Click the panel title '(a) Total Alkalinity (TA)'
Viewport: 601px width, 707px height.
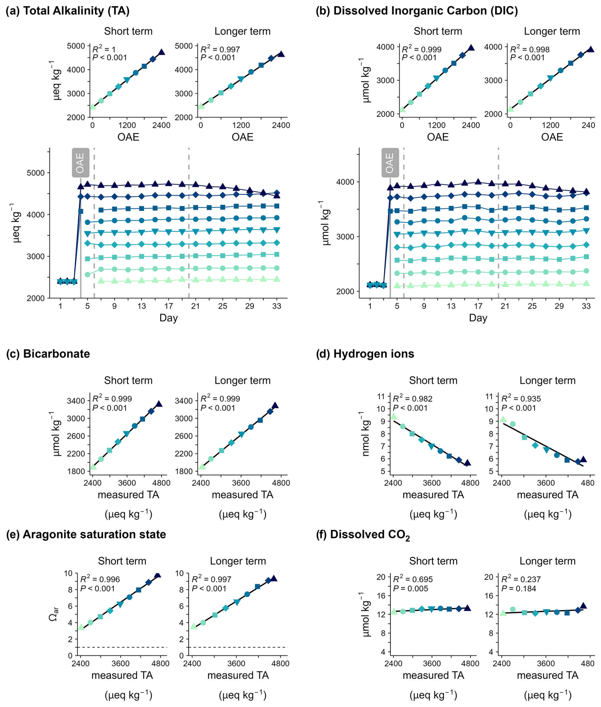click(x=67, y=11)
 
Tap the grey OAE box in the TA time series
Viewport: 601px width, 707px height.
click(x=80, y=163)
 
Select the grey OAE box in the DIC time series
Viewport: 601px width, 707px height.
click(x=390, y=163)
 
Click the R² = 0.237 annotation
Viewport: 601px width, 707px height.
click(x=521, y=579)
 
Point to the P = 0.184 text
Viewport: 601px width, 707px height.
click(x=518, y=589)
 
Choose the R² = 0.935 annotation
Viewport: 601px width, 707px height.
click(x=521, y=399)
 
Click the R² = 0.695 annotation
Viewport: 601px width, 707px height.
click(x=413, y=579)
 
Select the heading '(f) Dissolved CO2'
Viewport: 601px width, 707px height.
click(x=363, y=535)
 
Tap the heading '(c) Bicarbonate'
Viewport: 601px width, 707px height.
click(x=48, y=354)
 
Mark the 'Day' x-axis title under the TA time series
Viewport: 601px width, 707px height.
click(x=168, y=318)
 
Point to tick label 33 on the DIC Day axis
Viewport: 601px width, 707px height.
click(x=586, y=306)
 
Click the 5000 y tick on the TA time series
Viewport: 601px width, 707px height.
click(x=36, y=173)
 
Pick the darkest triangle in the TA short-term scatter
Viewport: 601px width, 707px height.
click(x=161, y=52)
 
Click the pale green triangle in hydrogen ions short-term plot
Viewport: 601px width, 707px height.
click(x=394, y=416)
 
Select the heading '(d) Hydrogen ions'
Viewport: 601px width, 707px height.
click(x=365, y=354)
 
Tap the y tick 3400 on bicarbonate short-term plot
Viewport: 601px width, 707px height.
click(x=76, y=401)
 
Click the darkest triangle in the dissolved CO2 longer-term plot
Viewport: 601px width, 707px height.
click(x=583, y=605)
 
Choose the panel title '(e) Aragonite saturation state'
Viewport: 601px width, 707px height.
click(x=86, y=534)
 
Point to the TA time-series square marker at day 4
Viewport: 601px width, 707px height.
click(x=81, y=211)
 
